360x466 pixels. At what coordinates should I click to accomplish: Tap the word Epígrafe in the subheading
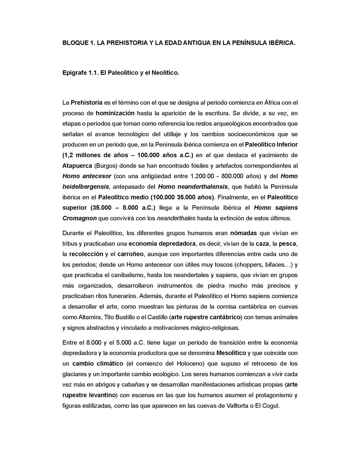pyautogui.click(x=74, y=73)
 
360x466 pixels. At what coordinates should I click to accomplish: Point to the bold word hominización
pyautogui.click(x=115, y=113)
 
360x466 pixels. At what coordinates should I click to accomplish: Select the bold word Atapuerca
pyautogui.click(x=77, y=166)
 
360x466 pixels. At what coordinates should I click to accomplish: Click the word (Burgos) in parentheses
pyautogui.click(x=106, y=166)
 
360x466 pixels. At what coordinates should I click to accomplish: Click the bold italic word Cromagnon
pyautogui.click(x=79, y=218)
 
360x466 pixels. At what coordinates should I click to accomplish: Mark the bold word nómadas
pyautogui.click(x=243, y=233)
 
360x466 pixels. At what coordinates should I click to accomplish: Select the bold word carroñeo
pyautogui.click(x=130, y=254)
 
